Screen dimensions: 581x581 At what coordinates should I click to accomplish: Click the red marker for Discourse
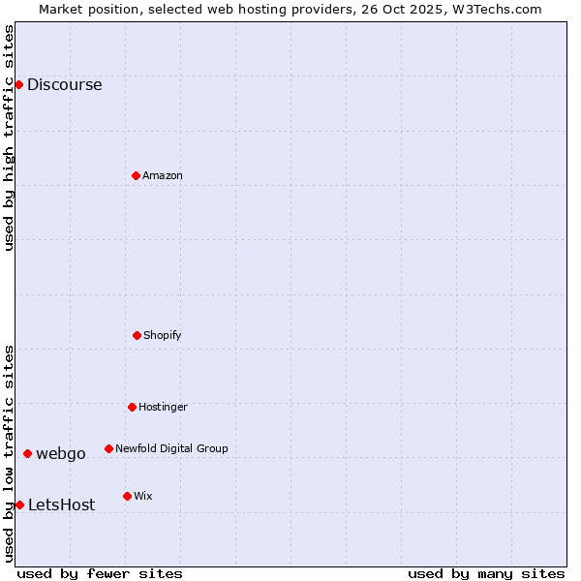(18, 84)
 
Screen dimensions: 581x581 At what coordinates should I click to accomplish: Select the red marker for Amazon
(137, 175)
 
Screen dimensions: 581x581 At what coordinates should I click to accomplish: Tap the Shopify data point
(138, 335)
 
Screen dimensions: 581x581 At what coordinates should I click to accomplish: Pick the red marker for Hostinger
(132, 407)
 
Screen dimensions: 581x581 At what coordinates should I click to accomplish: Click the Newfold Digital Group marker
(108, 448)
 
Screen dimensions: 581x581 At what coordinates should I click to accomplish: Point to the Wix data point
(127, 496)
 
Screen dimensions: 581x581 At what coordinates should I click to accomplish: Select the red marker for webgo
(27, 453)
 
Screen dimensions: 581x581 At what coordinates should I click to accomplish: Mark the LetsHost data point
(19, 505)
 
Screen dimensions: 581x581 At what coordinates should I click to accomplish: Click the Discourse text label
(64, 84)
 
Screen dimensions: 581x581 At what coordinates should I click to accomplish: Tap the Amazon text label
(163, 175)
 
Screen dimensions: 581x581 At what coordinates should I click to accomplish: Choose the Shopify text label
(163, 335)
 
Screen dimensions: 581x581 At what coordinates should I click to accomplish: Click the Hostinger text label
(163, 407)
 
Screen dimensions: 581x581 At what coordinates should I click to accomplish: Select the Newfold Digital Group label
(171, 448)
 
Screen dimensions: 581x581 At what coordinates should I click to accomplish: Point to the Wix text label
(143, 496)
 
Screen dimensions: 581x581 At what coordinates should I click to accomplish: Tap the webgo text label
(61, 453)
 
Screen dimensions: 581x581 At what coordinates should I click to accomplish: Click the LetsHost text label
(62, 505)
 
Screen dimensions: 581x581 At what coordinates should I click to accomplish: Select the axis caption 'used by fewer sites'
(100, 573)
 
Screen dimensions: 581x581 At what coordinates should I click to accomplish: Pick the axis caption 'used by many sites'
(486, 573)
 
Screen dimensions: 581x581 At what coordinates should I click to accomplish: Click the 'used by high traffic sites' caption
(9, 138)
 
